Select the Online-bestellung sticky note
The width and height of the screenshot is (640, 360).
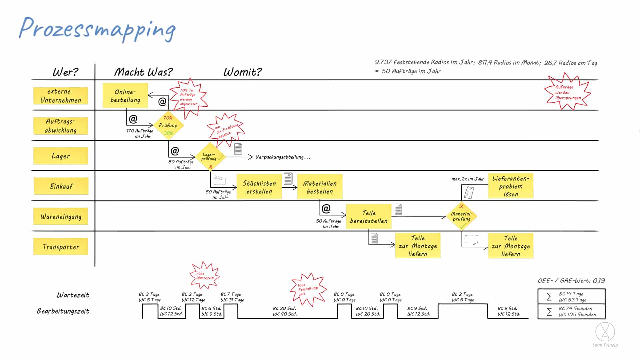pos(125,96)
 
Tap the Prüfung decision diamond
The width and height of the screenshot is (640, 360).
pos(168,125)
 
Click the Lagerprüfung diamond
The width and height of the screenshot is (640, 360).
pos(210,157)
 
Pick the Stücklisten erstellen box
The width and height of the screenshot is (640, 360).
pos(259,187)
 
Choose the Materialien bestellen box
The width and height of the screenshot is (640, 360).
pos(320,187)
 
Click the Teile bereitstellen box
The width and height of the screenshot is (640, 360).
pos(369,217)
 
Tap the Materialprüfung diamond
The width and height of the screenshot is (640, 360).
pos(462,216)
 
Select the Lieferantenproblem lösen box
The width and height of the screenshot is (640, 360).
pos(511,186)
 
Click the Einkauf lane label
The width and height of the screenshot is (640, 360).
pos(61,186)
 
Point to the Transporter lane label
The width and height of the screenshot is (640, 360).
pos(61,247)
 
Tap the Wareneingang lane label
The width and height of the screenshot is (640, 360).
pos(61,216)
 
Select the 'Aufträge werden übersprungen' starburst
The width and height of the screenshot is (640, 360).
pos(567,92)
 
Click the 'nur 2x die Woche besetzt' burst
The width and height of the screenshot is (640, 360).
pos(226,130)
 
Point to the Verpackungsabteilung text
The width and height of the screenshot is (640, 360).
pos(283,157)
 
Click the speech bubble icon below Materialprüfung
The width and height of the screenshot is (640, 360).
pos(471,240)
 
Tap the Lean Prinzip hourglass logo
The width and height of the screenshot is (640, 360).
pos(605,332)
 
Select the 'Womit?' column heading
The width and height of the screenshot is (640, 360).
pos(243,72)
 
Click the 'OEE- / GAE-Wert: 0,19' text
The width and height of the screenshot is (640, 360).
pos(571,281)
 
